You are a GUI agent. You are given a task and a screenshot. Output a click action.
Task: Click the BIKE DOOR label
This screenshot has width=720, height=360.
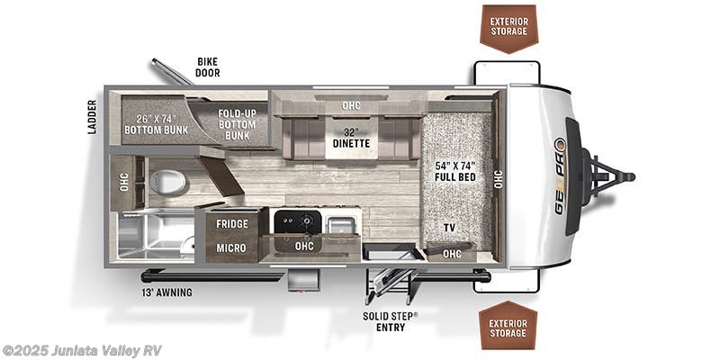point(208,67)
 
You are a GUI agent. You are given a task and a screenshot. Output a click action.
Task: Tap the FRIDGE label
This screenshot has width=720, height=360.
point(231,224)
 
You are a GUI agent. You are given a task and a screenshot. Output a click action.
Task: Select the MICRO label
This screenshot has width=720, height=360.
point(231,247)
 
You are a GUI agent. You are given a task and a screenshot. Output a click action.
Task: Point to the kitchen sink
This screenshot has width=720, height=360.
point(341,224)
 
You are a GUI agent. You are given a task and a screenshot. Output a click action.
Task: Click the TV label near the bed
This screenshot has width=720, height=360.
point(448,228)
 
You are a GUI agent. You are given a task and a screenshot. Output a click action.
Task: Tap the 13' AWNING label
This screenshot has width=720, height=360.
point(166,292)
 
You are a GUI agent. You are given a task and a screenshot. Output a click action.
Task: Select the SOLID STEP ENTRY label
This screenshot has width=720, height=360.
point(389,321)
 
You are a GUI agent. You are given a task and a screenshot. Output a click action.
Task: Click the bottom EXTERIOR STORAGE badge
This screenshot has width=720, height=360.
point(508,327)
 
